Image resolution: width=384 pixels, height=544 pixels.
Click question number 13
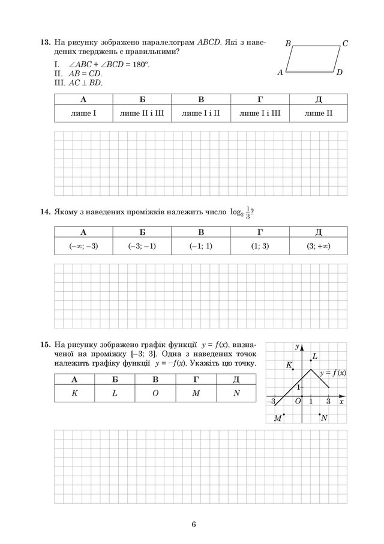44,43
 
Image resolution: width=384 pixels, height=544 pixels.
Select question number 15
44,345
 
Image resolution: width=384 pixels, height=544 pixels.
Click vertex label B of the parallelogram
288,44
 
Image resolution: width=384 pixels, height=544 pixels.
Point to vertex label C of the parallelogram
345,44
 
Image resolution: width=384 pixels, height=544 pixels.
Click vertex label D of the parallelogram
339,73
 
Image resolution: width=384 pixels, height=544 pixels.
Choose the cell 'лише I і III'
259,112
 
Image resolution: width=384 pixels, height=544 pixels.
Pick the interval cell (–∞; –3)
83,246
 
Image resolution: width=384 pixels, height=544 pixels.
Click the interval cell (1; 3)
259,246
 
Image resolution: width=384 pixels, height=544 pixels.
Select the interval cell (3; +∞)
318,246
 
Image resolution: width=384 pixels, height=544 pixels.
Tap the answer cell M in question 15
196,393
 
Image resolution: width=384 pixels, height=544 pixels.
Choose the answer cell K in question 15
74,393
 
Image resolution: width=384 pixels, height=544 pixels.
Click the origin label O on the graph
298,402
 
